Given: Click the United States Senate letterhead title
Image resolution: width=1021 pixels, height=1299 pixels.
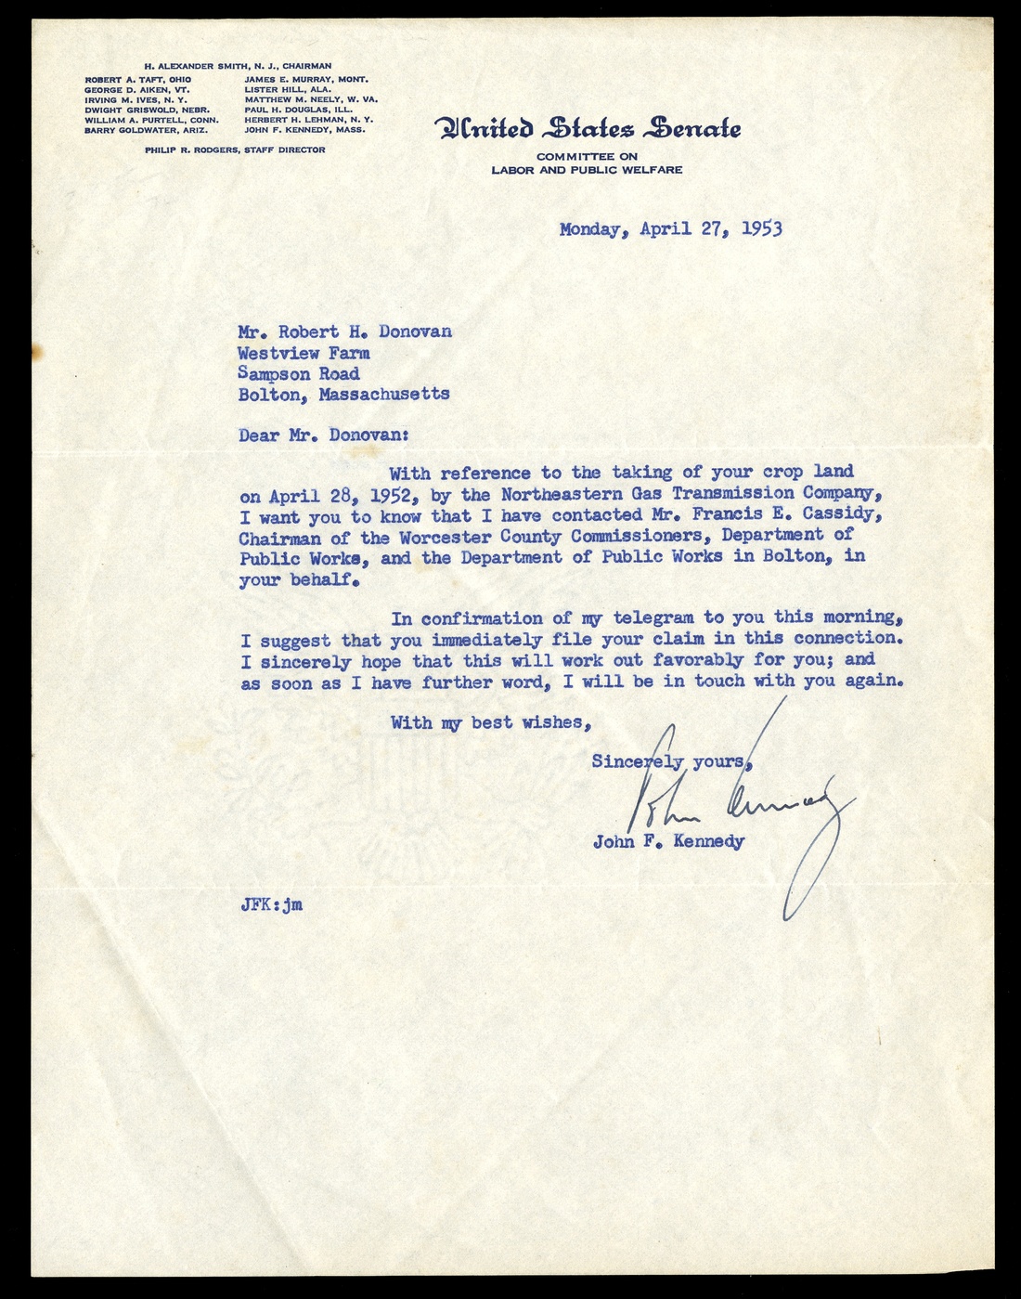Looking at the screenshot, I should pos(588,128).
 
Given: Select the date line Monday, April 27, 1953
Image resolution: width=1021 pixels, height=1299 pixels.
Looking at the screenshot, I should pos(670,228).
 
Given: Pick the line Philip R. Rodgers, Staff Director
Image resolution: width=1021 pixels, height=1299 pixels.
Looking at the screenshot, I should pos(235,149).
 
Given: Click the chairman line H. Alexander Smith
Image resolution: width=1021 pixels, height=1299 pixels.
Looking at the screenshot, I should pos(238,67).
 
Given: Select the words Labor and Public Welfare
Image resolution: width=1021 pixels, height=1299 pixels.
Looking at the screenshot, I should pos(587,170).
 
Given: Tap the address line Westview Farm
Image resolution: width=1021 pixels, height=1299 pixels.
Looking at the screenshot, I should pos(304,353).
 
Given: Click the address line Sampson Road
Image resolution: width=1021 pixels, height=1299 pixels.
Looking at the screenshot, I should pos(298,373).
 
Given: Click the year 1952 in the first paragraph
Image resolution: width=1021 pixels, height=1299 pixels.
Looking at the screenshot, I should pos(395,494).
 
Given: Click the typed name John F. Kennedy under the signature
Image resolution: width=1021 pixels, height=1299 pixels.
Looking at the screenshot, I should pos(668,842).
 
